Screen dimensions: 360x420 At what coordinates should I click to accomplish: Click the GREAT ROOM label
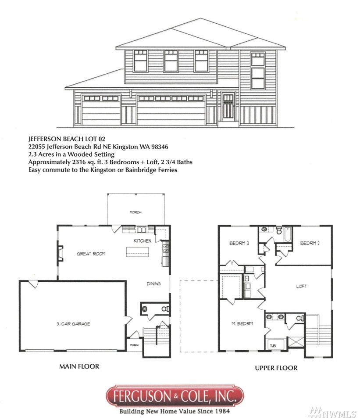pos(91,254)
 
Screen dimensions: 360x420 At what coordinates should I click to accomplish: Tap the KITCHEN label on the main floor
pos(143,241)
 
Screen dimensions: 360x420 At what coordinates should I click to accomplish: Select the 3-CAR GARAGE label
pos(73,324)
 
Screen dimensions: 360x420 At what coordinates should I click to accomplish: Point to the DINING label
pos(153,284)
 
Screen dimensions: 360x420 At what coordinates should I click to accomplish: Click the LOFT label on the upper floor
pos(301,286)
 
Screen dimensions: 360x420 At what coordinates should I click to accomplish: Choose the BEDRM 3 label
pos(239,243)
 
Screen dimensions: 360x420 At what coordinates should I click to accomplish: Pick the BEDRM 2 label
pos(310,243)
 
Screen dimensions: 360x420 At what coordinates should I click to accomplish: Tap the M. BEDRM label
pos(242,323)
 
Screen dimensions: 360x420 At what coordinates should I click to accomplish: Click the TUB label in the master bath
pos(273,346)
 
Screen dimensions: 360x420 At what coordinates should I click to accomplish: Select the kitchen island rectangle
pos(137,251)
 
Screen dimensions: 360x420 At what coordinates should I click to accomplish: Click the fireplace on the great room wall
pos(60,253)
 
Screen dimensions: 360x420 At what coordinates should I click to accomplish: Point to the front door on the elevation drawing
pos(228,107)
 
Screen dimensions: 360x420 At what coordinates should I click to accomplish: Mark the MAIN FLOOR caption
pos(79,366)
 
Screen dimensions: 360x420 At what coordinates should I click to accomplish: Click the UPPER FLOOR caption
pos(276,368)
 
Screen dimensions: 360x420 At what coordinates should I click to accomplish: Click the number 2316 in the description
pos(79,162)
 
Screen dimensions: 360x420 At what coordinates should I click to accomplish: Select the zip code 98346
pos(160,147)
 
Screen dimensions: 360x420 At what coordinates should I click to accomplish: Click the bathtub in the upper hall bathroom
pos(288,234)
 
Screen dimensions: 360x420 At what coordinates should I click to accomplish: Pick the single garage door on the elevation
pos(101,110)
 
